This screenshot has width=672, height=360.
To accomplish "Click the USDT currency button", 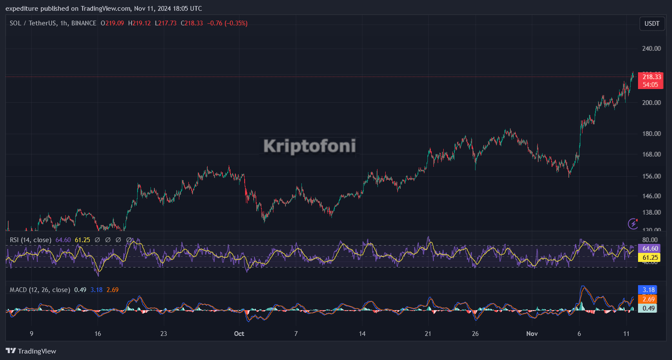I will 652,24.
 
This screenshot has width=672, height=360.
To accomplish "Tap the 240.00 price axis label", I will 652,49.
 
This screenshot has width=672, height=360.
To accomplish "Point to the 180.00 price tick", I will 652,134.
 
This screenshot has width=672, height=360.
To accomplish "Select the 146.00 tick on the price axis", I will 652,196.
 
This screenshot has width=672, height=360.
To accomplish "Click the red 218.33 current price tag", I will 651,77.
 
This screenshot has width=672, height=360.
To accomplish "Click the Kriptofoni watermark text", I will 310,146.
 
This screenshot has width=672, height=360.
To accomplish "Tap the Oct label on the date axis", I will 239,334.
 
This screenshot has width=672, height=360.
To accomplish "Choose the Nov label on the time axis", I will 532,334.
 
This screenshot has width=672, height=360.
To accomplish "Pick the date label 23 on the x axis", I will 163,334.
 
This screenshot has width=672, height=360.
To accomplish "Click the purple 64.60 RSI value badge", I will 649,249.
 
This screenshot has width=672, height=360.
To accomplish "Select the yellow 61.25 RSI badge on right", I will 649,257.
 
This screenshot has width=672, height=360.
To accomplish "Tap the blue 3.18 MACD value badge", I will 649,290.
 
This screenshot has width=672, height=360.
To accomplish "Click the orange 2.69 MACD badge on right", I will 649,299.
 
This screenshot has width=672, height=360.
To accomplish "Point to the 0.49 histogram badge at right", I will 649,308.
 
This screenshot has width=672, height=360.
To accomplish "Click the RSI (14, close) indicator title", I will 31,240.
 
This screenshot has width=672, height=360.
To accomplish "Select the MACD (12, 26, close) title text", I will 40,290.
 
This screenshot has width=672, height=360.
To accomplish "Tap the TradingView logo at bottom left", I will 31,351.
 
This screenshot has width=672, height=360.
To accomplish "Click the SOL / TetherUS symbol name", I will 33,23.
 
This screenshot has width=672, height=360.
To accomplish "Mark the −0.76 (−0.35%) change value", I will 227,23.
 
